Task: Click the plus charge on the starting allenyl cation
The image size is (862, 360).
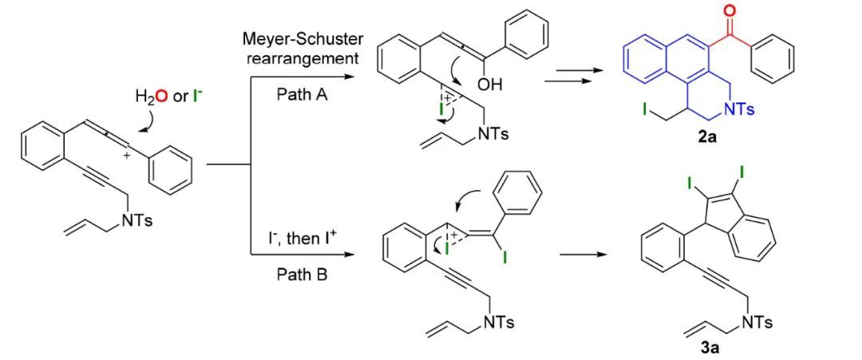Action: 125,156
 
